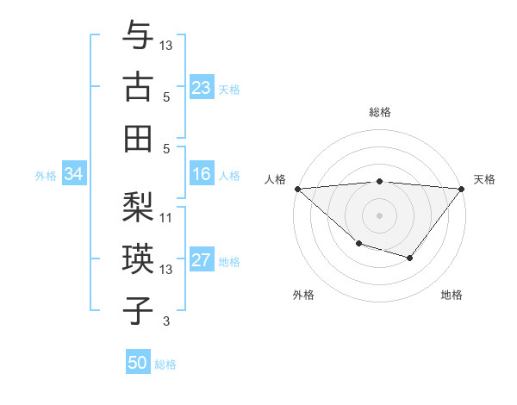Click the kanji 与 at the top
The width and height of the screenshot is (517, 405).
pyautogui.click(x=138, y=35)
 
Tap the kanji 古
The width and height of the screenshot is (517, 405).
pyautogui.click(x=138, y=86)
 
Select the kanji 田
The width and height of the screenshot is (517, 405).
pyautogui.click(x=138, y=137)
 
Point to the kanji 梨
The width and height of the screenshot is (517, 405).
pyautogui.click(x=138, y=208)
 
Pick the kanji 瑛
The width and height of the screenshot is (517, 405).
pyautogui.click(x=138, y=259)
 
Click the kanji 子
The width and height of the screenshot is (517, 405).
pyautogui.click(x=138, y=311)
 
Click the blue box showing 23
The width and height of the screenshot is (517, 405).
pyautogui.click(x=202, y=88)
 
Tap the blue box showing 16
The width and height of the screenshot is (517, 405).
pyautogui.click(x=202, y=175)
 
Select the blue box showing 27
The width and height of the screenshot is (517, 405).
pyautogui.click(x=202, y=261)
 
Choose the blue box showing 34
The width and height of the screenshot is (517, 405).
pyautogui.click(x=73, y=175)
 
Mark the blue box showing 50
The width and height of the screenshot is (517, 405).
pyautogui.click(x=138, y=363)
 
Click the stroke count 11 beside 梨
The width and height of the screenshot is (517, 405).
pyautogui.click(x=167, y=217)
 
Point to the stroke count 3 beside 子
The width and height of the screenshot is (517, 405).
pyautogui.click(x=166, y=321)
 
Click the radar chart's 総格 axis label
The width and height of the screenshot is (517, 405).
pyautogui.click(x=380, y=112)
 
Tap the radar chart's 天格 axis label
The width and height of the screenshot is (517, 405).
pyautogui.click(x=484, y=179)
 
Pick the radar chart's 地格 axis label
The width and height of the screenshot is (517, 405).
pyautogui.click(x=452, y=295)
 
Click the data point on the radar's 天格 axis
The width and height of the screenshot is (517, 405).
pyautogui.click(x=462, y=189)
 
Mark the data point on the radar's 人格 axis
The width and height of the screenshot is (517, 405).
pyautogui.click(x=297, y=189)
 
